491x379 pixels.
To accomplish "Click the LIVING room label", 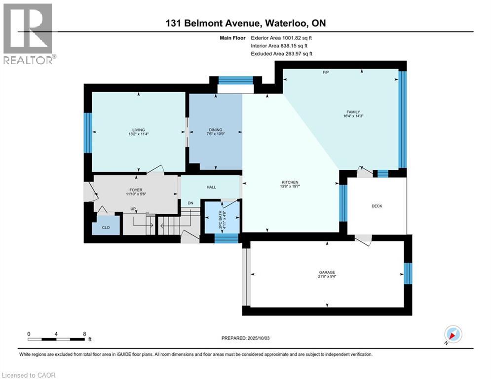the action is click(x=138, y=130).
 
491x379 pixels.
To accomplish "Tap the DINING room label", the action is click(x=216, y=130).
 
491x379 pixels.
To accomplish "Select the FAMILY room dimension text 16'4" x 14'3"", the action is click(x=353, y=116).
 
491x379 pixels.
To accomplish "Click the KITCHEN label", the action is click(x=290, y=182).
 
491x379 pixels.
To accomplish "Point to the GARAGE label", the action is click(x=327, y=272).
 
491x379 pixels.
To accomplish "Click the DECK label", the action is click(x=377, y=206).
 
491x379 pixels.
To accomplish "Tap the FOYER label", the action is click(x=136, y=190).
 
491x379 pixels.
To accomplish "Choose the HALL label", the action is click(x=211, y=187).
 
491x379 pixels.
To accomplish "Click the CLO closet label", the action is click(x=106, y=227).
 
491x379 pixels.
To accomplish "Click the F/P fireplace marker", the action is click(x=326, y=73).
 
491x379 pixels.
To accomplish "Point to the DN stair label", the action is click(x=190, y=203).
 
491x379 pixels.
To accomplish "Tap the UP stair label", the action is click(x=133, y=209).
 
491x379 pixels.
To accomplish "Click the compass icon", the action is click(x=453, y=334).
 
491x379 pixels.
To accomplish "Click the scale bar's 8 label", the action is click(x=84, y=334).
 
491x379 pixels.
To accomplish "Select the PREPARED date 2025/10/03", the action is click(x=259, y=338).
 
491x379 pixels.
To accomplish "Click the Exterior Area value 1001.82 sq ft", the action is click(x=297, y=38).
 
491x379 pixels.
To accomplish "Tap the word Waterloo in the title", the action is click(x=286, y=23).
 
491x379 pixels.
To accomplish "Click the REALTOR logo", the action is click(x=29, y=34).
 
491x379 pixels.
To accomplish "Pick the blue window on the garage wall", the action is click(x=408, y=273).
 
